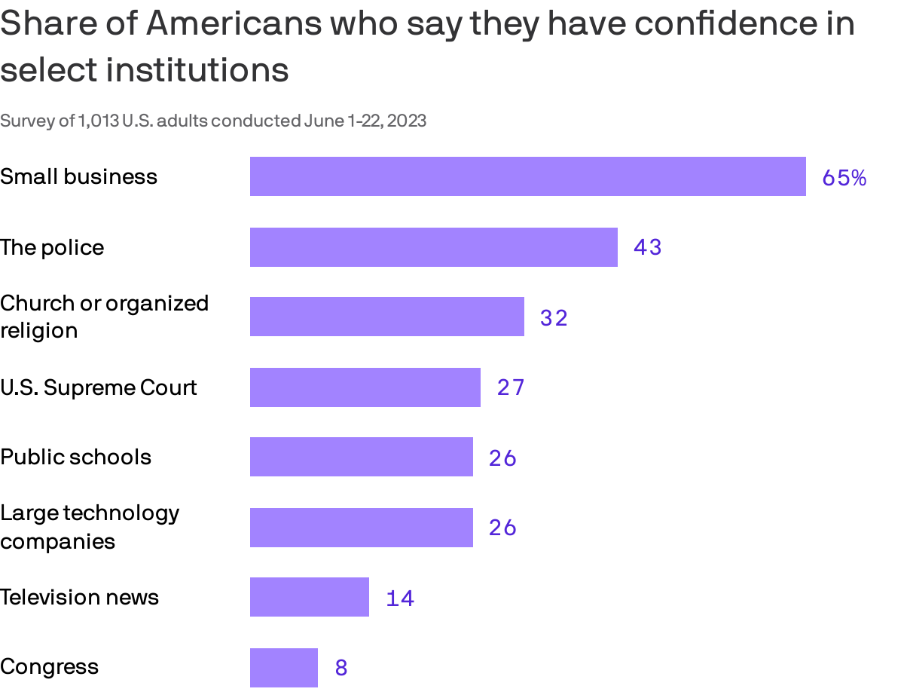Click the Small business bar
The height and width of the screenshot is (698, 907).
point(527,176)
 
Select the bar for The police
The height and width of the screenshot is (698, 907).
point(433,247)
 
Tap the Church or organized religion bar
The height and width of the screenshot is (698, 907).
point(386,317)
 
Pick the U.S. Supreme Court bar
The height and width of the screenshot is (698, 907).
point(365,387)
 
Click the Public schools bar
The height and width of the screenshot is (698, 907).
point(361,457)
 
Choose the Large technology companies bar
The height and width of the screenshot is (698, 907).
point(361,528)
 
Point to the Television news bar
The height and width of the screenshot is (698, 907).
point(309,597)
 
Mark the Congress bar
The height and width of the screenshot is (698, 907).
point(283,668)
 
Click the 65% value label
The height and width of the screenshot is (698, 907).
point(844,178)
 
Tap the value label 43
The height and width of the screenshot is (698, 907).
point(647,247)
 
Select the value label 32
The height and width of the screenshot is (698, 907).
point(554,318)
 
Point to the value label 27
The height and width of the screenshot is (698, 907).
point(510,387)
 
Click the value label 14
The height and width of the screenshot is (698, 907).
point(400,599)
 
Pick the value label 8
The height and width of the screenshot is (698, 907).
point(341,668)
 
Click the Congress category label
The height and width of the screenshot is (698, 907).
point(50,667)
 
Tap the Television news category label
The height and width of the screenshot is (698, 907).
point(80,597)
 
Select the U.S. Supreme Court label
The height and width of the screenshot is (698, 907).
point(99,387)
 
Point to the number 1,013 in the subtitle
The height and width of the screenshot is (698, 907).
point(99,121)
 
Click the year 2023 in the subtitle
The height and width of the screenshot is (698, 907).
point(408,121)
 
